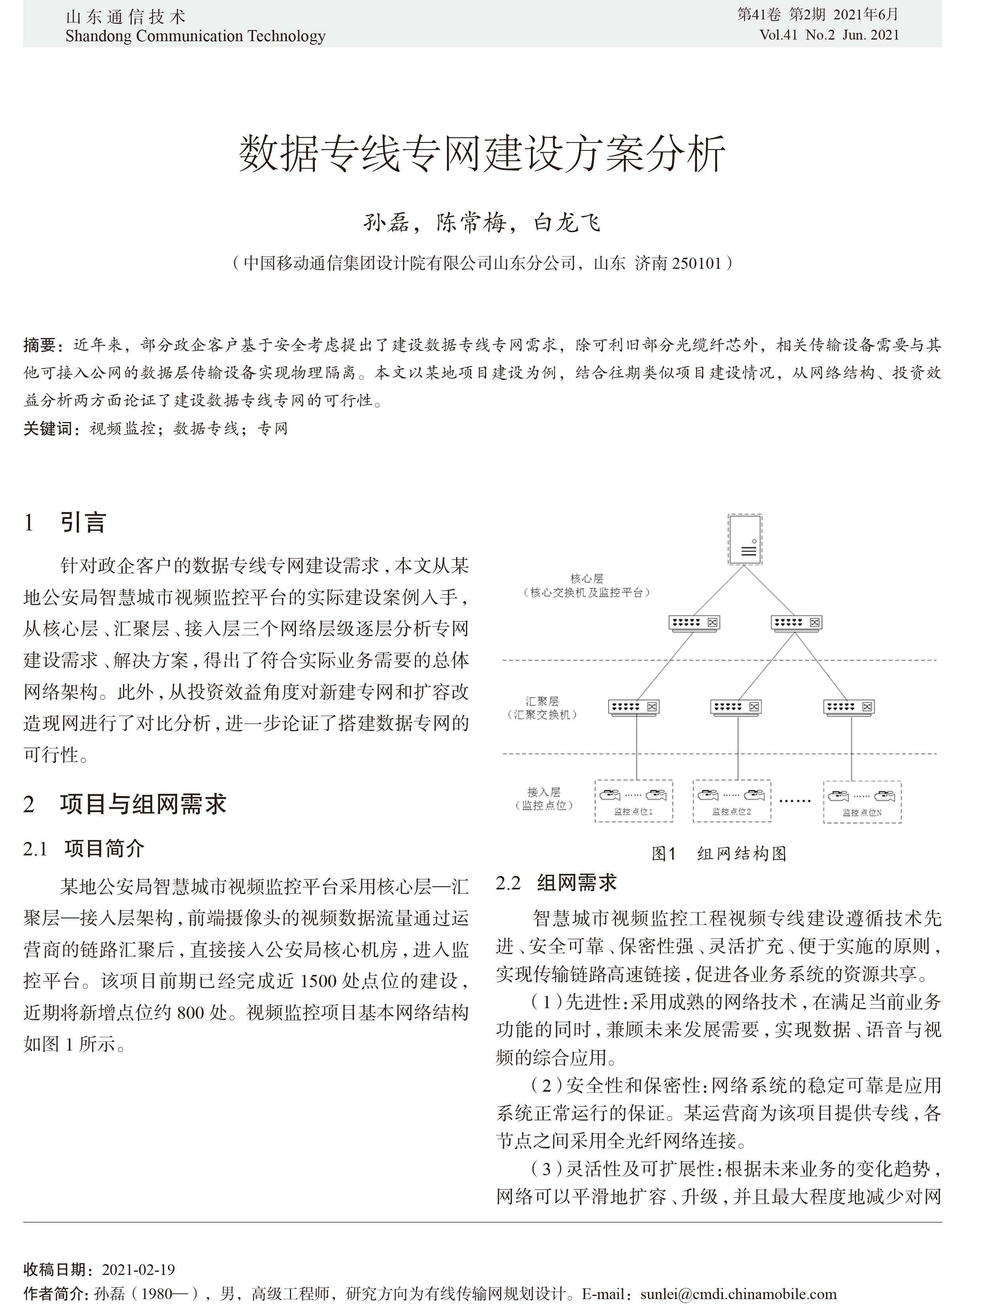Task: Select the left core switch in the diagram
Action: point(694,622)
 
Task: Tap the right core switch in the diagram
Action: point(796,622)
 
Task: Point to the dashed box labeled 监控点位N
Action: point(862,802)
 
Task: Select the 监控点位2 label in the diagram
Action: point(731,812)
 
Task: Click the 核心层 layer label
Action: point(587,578)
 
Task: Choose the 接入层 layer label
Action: point(544,792)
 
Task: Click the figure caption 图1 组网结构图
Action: point(718,853)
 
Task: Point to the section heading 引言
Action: point(83,522)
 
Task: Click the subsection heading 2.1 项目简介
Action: point(84,849)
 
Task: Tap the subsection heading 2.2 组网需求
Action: point(556,883)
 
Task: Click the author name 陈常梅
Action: point(471,223)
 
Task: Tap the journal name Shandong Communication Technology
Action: point(195,36)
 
